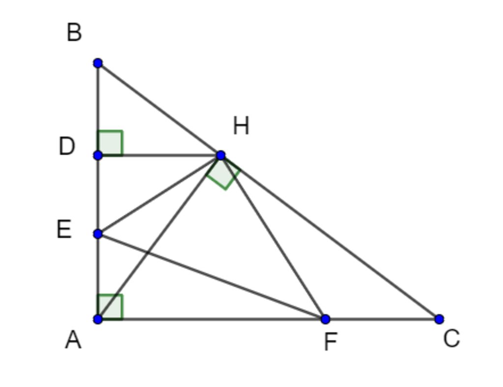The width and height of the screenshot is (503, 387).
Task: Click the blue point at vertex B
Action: (98, 63)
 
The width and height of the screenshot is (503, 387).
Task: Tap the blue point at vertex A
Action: (98, 319)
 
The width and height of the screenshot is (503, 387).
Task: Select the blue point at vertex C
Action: (439, 319)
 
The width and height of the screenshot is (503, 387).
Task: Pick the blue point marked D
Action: (98, 155)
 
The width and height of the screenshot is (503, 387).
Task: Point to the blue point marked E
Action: (98, 234)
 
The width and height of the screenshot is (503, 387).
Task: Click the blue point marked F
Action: (325, 319)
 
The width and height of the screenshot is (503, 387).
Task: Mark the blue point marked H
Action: (221, 155)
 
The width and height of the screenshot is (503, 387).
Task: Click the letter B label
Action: (74, 33)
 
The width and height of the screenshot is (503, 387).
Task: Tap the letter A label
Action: (73, 340)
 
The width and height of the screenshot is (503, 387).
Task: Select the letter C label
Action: (451, 338)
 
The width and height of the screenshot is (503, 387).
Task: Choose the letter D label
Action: (66, 146)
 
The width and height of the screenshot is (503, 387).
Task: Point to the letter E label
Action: (64, 229)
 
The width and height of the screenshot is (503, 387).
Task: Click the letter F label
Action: (331, 342)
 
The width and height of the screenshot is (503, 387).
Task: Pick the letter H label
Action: (241, 126)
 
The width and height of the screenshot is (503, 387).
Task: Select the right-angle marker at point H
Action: (224, 173)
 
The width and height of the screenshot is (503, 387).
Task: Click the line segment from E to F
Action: (211, 276)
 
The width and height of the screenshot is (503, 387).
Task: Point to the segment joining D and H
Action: (162, 155)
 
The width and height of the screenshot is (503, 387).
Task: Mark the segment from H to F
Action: (273, 237)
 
